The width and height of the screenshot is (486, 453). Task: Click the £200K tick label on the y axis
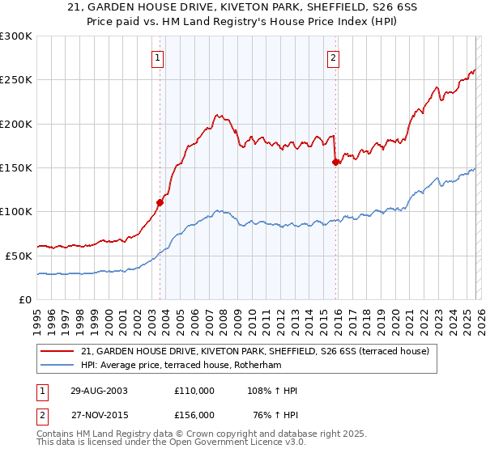(16, 124)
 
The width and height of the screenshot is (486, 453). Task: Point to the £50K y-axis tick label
(19, 256)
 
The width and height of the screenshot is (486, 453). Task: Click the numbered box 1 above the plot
(157, 57)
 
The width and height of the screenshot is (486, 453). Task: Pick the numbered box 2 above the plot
(333, 57)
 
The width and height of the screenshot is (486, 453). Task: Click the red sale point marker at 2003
(160, 203)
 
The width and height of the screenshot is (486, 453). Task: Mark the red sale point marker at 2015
(335, 162)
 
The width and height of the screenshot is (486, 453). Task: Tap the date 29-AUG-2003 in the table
(93, 391)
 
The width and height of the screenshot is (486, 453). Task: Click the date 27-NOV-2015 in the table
(93, 413)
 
